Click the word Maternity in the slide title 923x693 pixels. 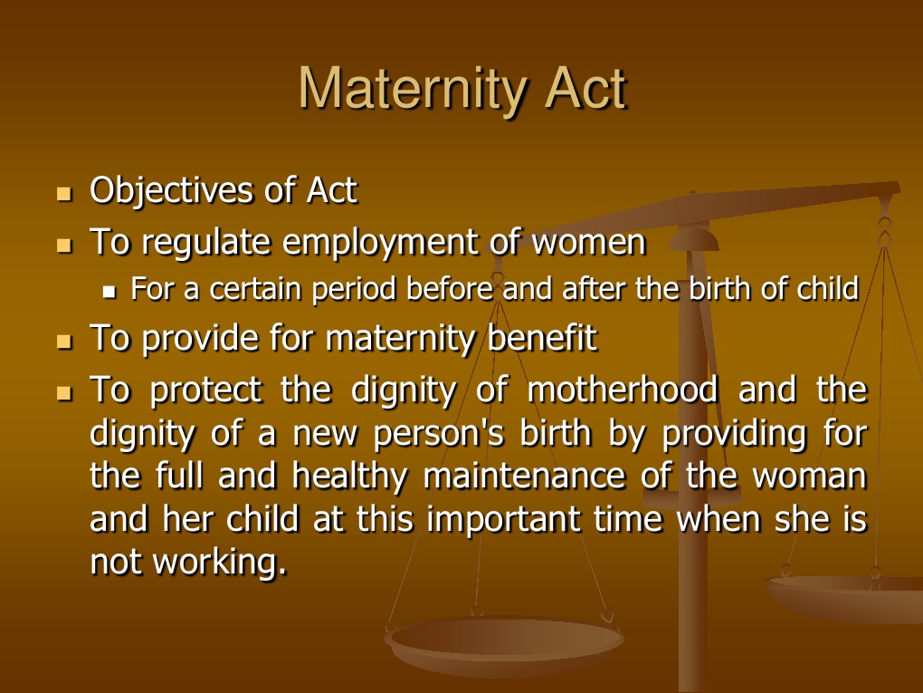[x=408, y=89]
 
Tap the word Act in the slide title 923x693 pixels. [x=584, y=89]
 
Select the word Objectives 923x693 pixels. [x=171, y=191]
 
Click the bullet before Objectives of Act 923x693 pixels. [x=63, y=194]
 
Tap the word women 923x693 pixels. [x=588, y=243]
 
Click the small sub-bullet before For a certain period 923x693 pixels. [x=111, y=293]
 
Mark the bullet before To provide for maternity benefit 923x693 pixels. [x=63, y=342]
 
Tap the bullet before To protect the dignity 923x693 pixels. [x=63, y=394]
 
